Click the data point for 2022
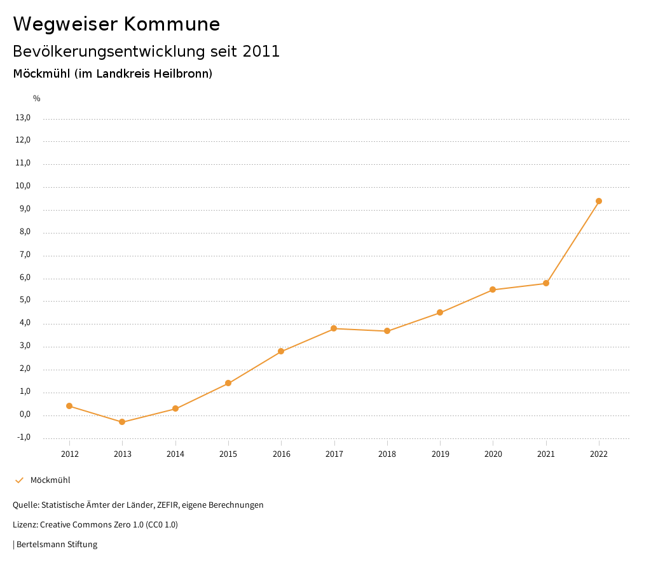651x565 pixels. (x=599, y=201)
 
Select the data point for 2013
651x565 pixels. (x=122, y=422)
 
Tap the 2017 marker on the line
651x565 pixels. (x=334, y=328)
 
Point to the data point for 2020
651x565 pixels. (x=493, y=289)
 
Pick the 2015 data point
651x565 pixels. (x=228, y=383)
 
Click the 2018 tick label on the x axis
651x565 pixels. (x=387, y=454)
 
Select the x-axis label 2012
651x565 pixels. (x=69, y=454)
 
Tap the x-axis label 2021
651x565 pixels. (x=546, y=454)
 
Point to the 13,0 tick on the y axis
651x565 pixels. (x=23, y=118)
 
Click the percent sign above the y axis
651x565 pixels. (x=37, y=99)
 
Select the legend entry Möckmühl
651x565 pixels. (x=50, y=480)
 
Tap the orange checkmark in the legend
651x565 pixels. (x=19, y=480)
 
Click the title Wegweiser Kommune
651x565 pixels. (x=116, y=24)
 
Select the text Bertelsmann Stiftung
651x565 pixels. (x=57, y=545)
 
